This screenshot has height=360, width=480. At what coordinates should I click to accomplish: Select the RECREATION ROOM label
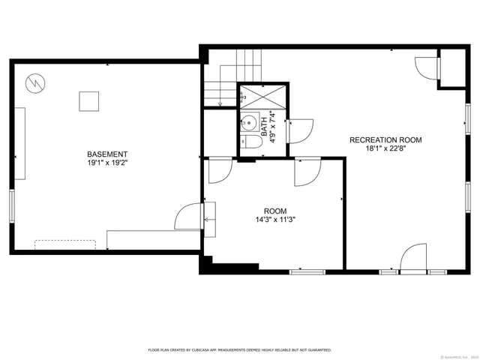385,140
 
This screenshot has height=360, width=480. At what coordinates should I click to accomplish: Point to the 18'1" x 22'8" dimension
385,149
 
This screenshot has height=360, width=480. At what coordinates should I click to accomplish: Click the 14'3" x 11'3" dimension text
275,220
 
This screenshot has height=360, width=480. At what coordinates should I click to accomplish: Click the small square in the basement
89,101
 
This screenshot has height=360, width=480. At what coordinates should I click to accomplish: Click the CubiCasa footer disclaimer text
240,349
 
